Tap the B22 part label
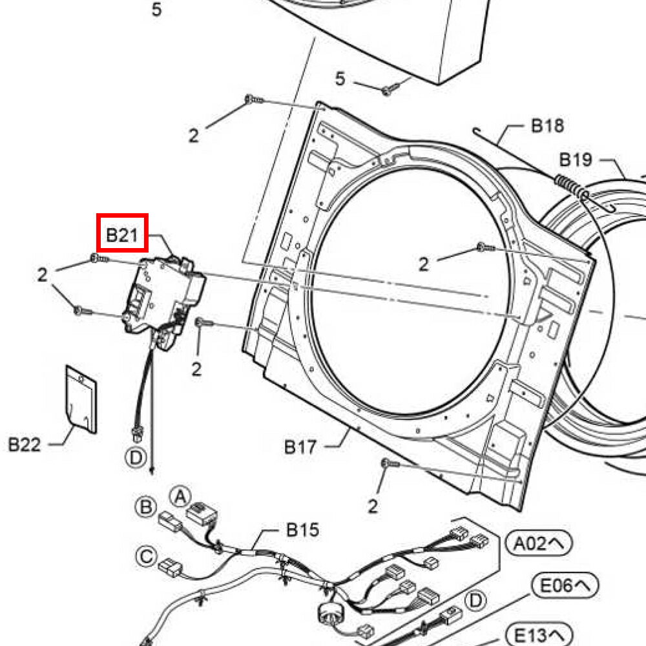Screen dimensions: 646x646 tap(24, 444)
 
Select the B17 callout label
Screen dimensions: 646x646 tap(301, 446)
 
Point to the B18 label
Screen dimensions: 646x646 tap(547, 125)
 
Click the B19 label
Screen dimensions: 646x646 tap(576, 159)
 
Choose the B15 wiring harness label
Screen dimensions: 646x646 tap(302, 530)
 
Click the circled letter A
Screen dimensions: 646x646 tap(180, 496)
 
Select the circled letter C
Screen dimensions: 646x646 tap(147, 555)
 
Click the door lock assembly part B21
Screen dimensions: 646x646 tap(165, 294)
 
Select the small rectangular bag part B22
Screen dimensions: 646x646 tap(81, 398)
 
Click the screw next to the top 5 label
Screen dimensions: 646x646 tap(390, 89)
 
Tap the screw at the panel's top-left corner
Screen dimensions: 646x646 tap(253, 99)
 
